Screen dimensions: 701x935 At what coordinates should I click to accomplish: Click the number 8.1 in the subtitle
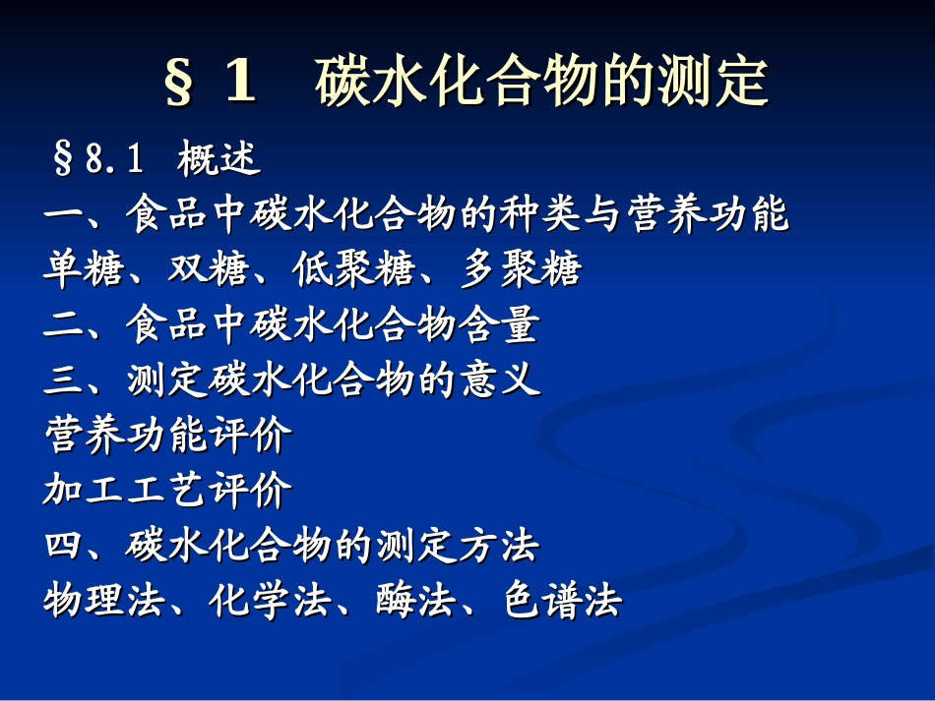[x=114, y=159]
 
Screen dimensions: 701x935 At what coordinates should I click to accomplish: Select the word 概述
[x=219, y=159]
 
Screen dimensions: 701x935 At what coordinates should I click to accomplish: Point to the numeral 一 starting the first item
[x=63, y=215]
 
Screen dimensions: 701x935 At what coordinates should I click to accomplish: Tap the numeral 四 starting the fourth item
[x=63, y=545]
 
